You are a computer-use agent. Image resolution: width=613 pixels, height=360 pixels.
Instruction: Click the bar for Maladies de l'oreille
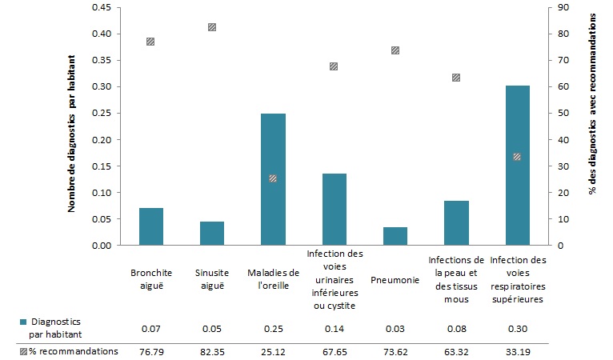(273, 179)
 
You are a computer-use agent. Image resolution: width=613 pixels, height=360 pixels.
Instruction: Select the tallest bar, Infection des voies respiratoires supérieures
(517, 165)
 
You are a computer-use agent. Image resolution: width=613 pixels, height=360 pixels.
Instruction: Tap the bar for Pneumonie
(395, 236)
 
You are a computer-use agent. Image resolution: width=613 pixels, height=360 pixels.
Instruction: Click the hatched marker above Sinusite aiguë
(212, 27)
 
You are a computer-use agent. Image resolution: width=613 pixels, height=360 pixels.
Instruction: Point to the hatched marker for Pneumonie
(395, 50)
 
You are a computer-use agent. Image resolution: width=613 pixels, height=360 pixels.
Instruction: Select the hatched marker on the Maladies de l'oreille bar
(273, 178)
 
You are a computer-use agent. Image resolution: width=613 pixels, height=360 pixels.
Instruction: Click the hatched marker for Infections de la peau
(456, 78)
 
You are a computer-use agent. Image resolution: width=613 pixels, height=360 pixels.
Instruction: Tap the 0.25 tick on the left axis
(100, 114)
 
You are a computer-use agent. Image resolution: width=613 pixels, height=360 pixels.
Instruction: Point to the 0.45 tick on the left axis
(100, 8)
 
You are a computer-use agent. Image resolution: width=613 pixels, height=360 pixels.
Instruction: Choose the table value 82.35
(212, 351)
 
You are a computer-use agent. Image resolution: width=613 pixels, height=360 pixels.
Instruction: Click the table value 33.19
(517, 351)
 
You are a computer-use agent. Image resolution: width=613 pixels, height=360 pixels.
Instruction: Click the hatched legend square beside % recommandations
(22, 351)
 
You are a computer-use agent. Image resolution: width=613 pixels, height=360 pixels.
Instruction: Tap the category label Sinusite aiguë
(212, 278)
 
